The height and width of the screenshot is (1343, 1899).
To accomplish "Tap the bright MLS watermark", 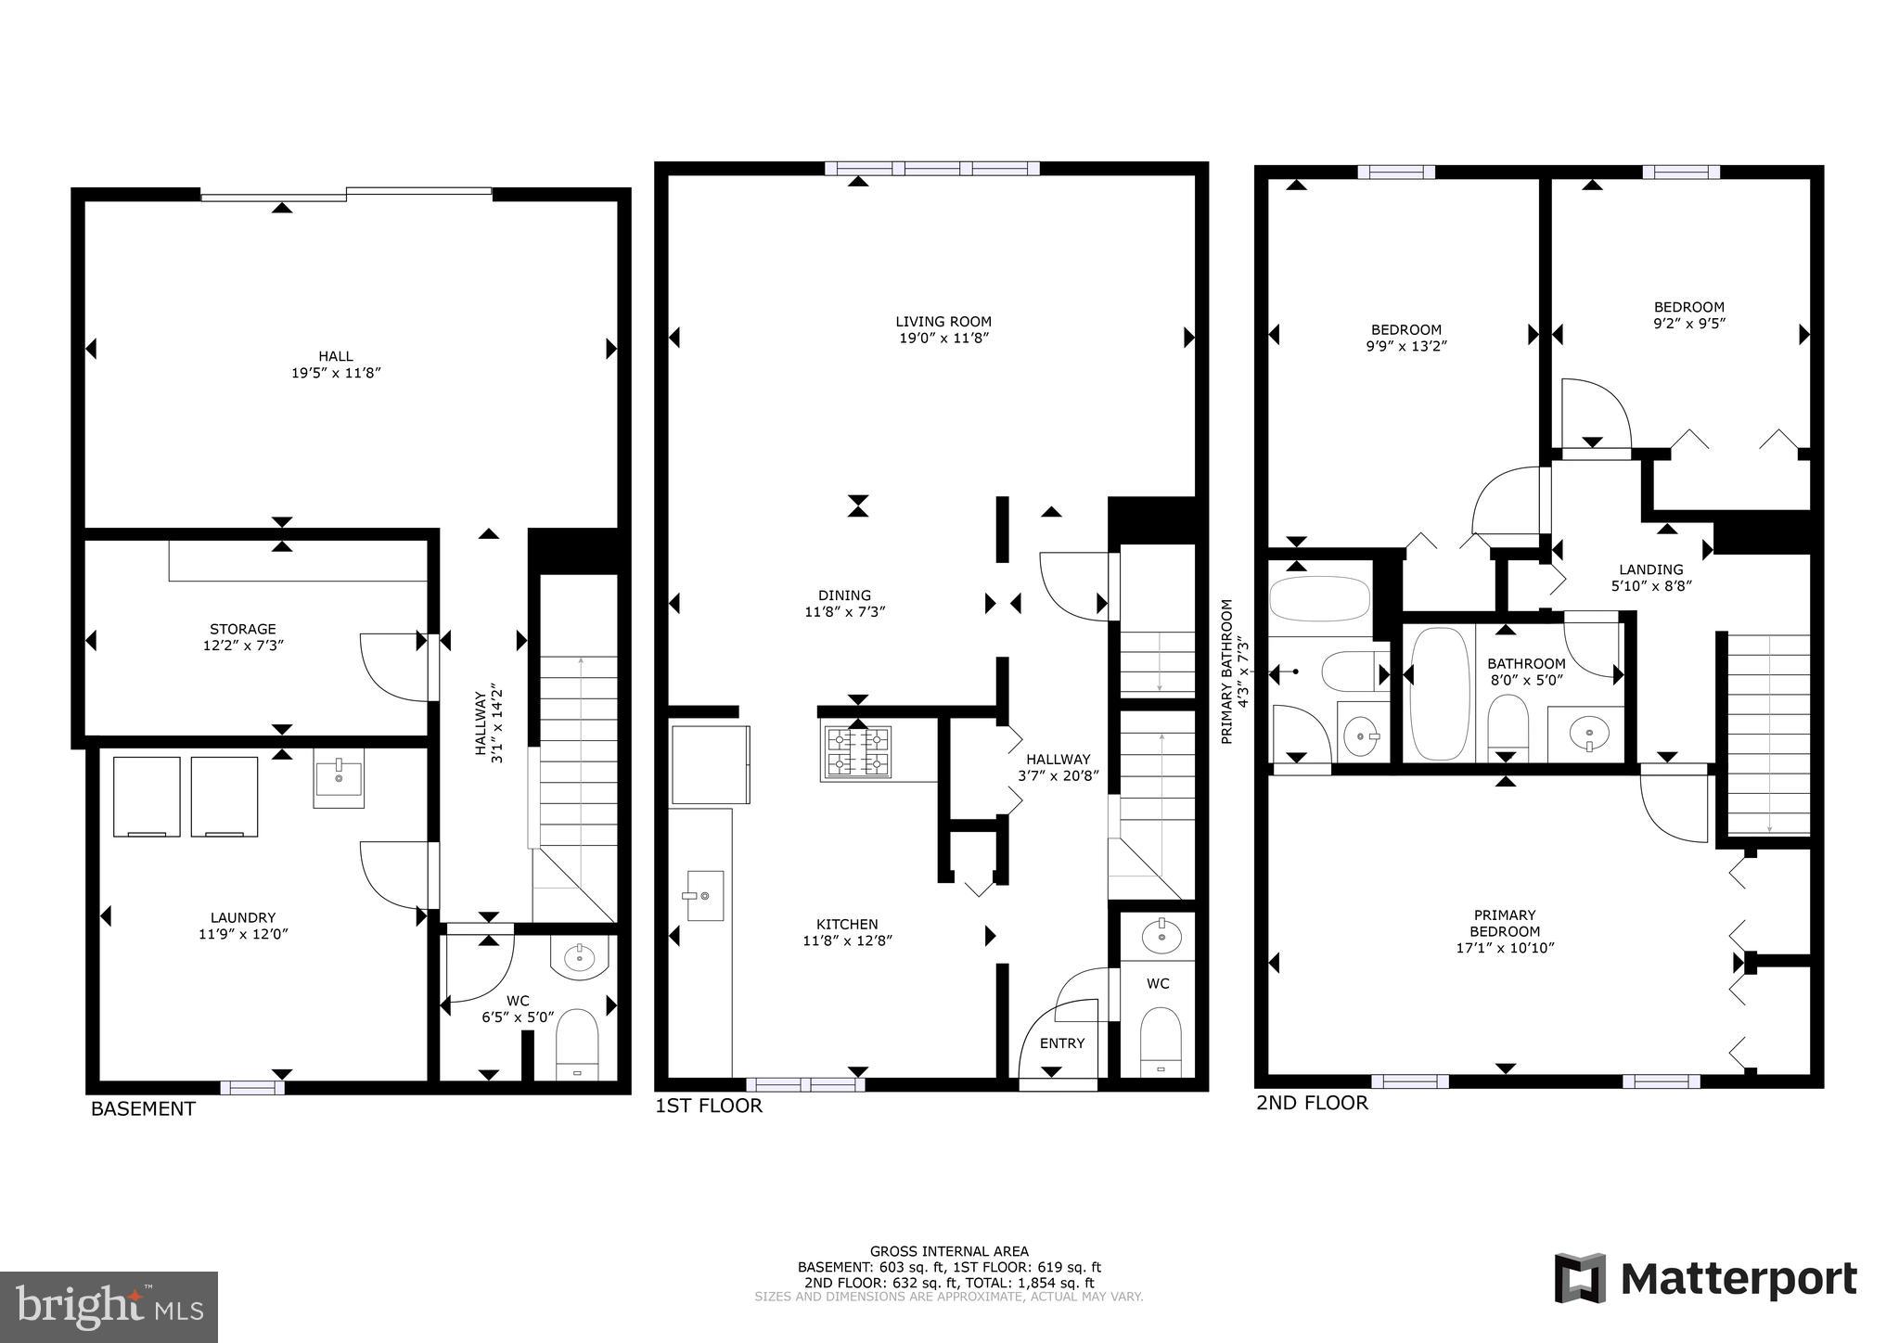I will [109, 1307].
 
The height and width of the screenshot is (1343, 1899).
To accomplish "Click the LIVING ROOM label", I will [943, 322].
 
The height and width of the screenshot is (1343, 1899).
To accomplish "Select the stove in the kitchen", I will [857, 751].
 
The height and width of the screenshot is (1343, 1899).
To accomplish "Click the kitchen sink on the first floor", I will [704, 896].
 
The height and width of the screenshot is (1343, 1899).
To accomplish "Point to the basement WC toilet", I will [577, 1044].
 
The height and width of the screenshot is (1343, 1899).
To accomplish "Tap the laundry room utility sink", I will [338, 777].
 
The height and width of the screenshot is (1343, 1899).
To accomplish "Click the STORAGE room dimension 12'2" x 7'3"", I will [242, 645].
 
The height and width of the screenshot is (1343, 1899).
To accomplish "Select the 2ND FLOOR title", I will [1312, 1102].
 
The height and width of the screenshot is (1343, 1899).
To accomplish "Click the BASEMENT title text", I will [143, 1108].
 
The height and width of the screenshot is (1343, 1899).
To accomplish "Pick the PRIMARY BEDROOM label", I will [1505, 923].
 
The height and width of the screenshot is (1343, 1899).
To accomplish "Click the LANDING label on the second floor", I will [1650, 569].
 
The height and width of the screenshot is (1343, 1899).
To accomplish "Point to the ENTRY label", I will [1061, 1042].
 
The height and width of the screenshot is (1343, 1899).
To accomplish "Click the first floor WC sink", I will [1158, 937].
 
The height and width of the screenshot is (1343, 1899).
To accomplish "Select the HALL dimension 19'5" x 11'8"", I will [336, 373].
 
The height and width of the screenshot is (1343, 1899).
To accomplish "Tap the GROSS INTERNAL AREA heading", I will [948, 1251].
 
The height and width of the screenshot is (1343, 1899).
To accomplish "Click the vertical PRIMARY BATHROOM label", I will [1226, 671].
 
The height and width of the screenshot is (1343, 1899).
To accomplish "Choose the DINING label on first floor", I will [844, 595].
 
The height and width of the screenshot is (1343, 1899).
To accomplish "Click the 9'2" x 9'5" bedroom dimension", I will [1689, 324].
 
